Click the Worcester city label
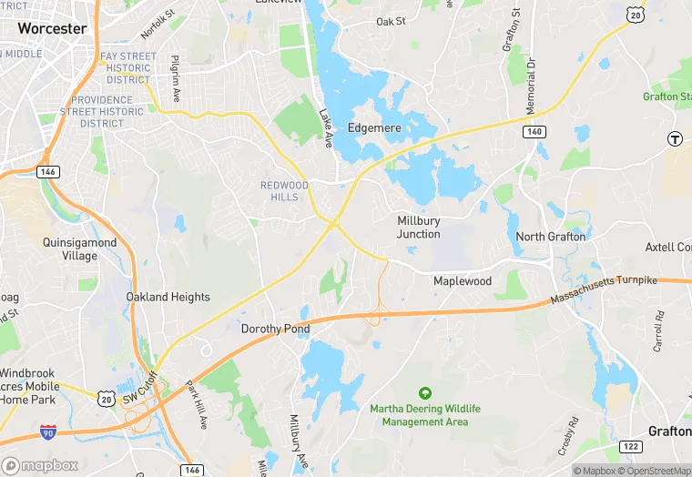53,28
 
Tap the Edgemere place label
374,128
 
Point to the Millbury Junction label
419,228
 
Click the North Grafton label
551,237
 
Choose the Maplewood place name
462,281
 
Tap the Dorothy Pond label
275,329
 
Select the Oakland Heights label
168,297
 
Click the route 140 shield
534,132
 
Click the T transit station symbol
675,138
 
